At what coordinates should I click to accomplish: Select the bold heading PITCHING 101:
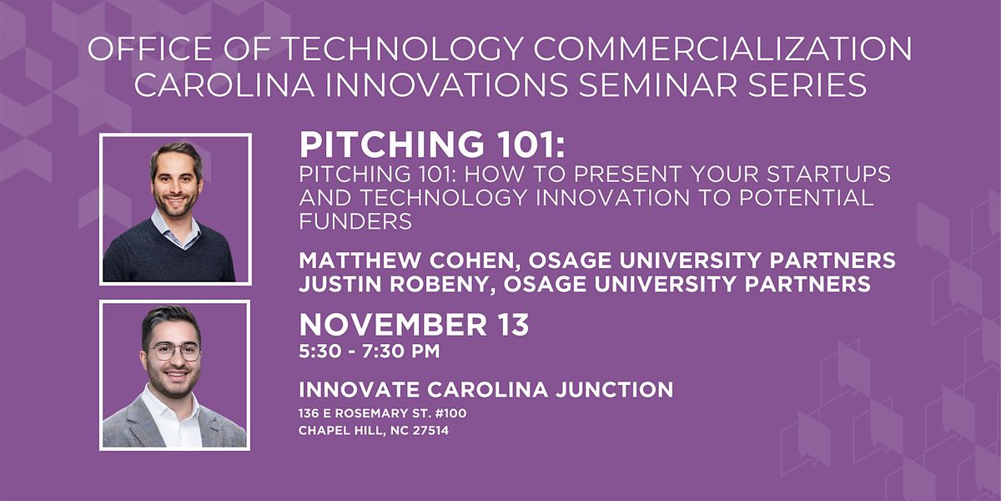pyautogui.click(x=433, y=146)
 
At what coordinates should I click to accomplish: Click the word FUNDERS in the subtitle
pyautogui.click(x=356, y=222)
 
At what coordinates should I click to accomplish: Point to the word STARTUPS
pyautogui.click(x=821, y=175)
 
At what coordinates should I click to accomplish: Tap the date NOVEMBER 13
pyautogui.click(x=414, y=325)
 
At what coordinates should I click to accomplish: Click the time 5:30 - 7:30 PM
pyautogui.click(x=369, y=352)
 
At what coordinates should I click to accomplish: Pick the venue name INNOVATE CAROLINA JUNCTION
pyautogui.click(x=485, y=389)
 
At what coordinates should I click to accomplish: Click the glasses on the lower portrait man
pyautogui.click(x=174, y=352)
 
